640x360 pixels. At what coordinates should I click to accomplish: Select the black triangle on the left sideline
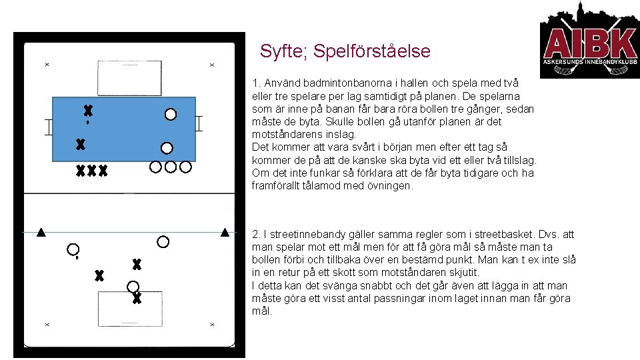[x=41, y=233]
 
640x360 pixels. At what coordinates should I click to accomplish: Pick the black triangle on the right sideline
[x=225, y=233]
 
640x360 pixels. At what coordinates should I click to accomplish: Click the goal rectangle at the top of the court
[x=129, y=77]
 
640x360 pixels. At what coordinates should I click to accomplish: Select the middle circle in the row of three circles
[x=171, y=167]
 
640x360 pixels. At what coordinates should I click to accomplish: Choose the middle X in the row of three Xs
[x=91, y=171]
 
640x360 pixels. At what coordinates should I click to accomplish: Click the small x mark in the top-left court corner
[x=47, y=65]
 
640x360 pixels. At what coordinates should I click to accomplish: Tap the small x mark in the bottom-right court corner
[x=212, y=325]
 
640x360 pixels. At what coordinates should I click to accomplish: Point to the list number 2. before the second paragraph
[x=256, y=235]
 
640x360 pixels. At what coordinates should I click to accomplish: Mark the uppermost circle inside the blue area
[x=171, y=115]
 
